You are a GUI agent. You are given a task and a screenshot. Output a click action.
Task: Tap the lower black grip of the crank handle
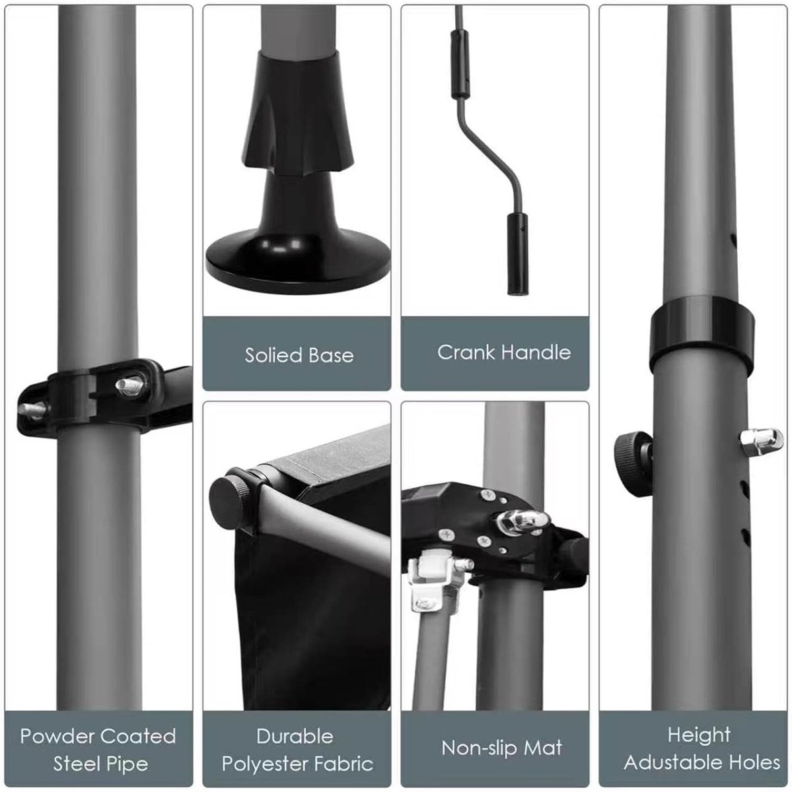pyautogui.click(x=517, y=253)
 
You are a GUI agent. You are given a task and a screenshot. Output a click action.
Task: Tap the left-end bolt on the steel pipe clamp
pyautogui.click(x=32, y=410)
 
